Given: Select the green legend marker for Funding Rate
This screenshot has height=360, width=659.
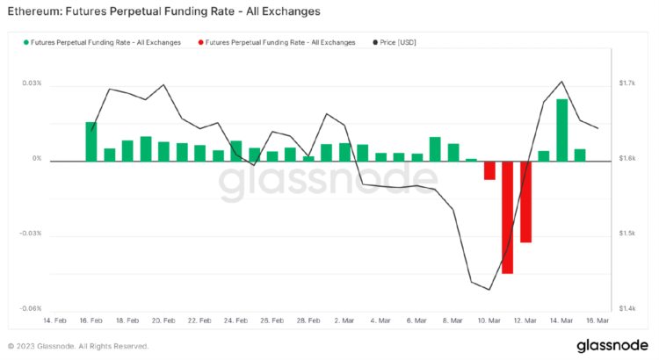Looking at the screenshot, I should (x=25, y=41).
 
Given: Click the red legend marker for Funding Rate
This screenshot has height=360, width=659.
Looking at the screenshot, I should (x=202, y=41).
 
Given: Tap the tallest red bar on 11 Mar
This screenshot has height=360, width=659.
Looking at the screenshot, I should (x=507, y=217).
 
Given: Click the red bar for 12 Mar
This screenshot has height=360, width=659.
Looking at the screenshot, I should (x=525, y=201).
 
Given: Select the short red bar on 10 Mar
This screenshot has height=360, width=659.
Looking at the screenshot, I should (x=489, y=170).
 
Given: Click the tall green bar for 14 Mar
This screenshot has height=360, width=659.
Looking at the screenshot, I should (x=561, y=130).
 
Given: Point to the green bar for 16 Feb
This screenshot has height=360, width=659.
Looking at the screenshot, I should (x=91, y=141).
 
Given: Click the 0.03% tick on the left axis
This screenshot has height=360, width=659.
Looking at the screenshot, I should (x=32, y=83).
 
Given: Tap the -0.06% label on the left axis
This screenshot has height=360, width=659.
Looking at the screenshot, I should (x=31, y=309).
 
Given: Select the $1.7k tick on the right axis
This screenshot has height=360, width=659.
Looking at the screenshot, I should (x=626, y=83).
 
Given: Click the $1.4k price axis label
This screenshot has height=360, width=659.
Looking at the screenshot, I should (x=626, y=309).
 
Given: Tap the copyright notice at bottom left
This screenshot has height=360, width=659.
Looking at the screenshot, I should (x=78, y=346).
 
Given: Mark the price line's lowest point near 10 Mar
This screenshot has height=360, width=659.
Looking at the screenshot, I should (x=489, y=290).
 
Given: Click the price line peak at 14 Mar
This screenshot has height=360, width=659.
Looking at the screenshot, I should (x=561, y=81).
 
